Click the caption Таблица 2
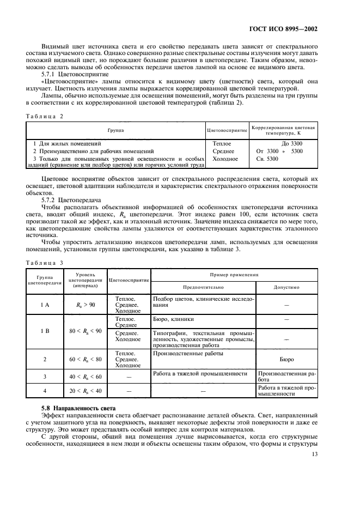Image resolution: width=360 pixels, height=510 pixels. [x=46, y=117]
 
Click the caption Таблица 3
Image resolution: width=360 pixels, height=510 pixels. [x=46, y=262]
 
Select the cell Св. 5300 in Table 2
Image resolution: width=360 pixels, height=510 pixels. [x=267, y=159]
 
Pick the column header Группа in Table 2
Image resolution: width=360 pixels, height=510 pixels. [x=115, y=131]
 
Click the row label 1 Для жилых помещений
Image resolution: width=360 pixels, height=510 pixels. [x=70, y=143]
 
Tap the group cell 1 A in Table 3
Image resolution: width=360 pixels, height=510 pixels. [x=45, y=305]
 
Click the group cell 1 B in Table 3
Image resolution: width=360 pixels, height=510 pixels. [x=45, y=331]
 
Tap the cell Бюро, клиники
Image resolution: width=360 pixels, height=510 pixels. [x=174, y=319]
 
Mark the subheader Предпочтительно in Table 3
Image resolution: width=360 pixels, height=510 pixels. [x=203, y=287]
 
